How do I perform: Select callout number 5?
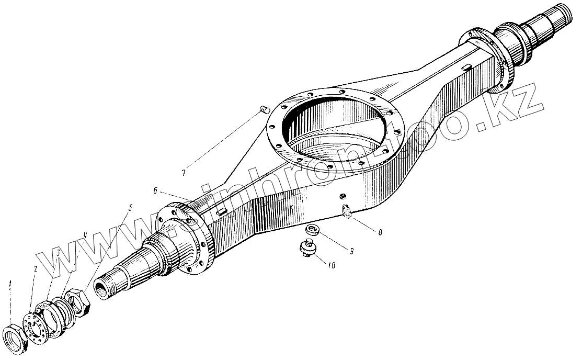130,207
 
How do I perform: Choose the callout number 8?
380,231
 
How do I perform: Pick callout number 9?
351,251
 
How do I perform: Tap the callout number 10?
332,265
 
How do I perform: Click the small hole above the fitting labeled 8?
343,196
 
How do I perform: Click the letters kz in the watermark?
512,102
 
